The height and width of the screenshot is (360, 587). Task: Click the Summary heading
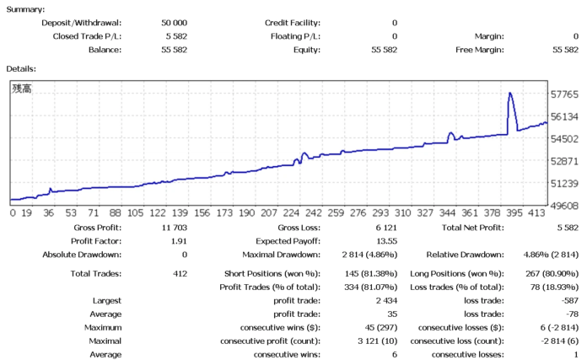click(x=25, y=8)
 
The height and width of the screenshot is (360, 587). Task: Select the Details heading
click(x=21, y=67)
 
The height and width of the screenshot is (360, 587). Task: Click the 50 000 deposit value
click(x=174, y=23)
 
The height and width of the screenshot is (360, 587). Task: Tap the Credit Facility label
click(x=293, y=23)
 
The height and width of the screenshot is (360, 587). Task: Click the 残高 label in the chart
click(x=20, y=88)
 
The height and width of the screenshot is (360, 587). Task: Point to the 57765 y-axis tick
click(x=563, y=94)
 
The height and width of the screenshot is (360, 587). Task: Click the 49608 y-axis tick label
click(x=563, y=206)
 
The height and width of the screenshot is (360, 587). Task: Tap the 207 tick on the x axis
click(x=269, y=214)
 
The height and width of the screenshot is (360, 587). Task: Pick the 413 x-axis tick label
click(x=537, y=214)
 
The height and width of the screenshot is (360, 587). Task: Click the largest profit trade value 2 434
click(x=383, y=300)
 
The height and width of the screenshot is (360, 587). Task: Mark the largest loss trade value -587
click(x=567, y=300)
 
